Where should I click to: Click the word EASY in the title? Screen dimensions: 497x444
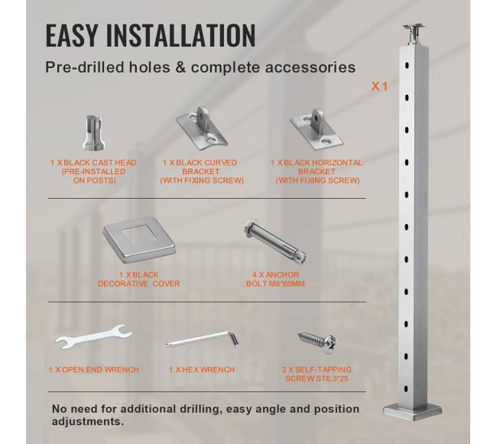(71, 35)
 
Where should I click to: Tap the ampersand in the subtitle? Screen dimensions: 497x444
(180, 67)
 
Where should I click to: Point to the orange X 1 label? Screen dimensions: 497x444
(379, 86)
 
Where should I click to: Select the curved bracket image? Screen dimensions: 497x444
(202, 129)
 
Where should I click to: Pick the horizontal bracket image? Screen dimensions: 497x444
(317, 129)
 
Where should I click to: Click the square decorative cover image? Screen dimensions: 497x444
(139, 238)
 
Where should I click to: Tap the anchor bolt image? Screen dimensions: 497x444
(274, 241)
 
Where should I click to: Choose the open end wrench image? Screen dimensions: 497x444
(93, 337)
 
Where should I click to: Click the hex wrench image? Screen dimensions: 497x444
(202, 340)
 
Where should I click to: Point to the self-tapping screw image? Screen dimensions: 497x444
(317, 341)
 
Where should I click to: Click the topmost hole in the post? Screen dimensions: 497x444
(407, 66)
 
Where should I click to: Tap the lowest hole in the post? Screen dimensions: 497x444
(407, 388)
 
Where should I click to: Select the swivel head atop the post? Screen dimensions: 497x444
(414, 35)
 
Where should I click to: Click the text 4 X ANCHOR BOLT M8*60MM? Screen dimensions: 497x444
(275, 279)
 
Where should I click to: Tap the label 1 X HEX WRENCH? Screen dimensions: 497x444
(202, 370)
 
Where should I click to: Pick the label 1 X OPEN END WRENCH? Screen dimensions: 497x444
(93, 370)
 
